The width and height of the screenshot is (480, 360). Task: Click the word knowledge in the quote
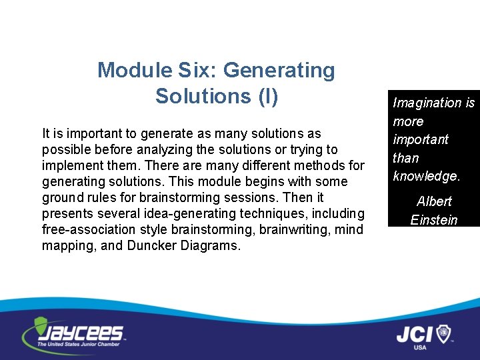425,176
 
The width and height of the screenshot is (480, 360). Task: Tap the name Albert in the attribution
434,201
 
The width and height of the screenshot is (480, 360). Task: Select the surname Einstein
434,219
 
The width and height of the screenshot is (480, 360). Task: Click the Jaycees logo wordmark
83,333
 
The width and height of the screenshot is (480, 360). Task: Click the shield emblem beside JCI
443,333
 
